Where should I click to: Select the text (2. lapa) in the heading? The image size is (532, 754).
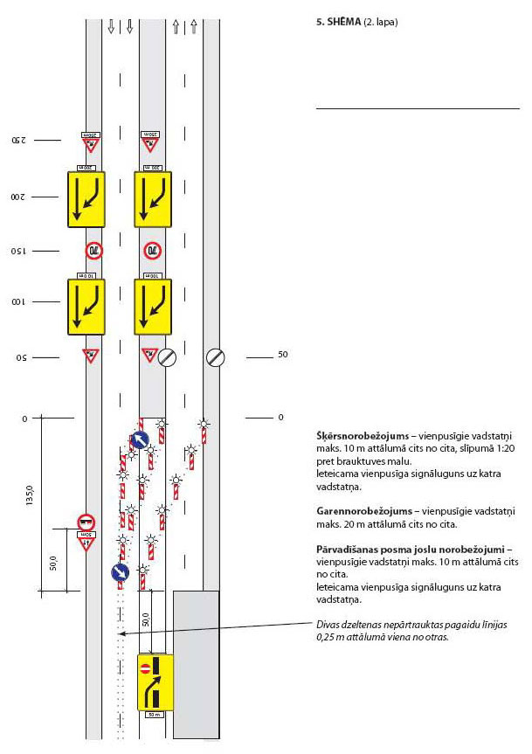point(382,19)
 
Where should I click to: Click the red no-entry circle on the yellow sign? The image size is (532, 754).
point(145,668)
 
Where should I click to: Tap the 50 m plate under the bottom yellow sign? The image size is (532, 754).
point(155,715)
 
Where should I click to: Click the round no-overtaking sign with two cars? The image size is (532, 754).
point(86,522)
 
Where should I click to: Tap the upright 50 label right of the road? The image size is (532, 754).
point(282,356)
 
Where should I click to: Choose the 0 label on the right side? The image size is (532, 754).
point(280,418)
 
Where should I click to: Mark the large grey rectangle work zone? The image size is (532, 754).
point(196,662)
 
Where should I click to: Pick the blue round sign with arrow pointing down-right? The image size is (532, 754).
point(120,573)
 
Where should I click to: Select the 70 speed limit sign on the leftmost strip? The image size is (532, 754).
point(93,251)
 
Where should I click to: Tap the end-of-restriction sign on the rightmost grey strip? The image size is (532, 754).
point(214,356)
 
